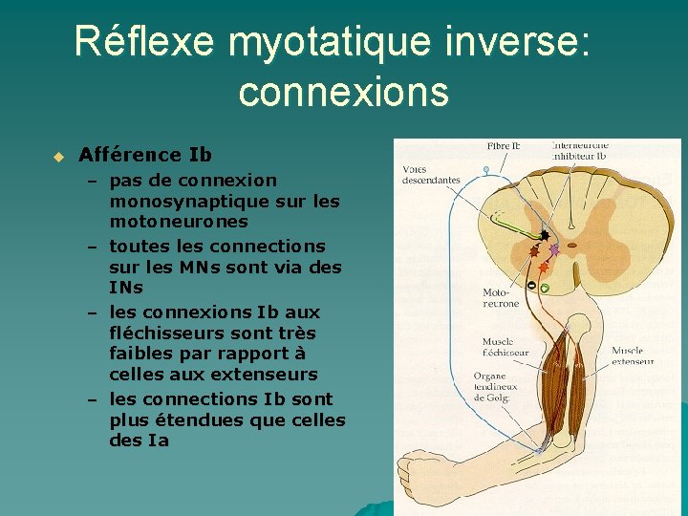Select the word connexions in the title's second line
pos(343,92)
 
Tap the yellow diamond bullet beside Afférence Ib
pos(57,156)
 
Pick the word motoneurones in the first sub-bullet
pos(179,222)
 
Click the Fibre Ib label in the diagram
pos(504,146)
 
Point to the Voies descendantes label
pos(430,175)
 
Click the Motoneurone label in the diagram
pos(501,298)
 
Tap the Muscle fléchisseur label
pos(505,347)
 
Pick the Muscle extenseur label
pos(633,356)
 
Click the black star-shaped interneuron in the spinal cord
pos(545,234)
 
